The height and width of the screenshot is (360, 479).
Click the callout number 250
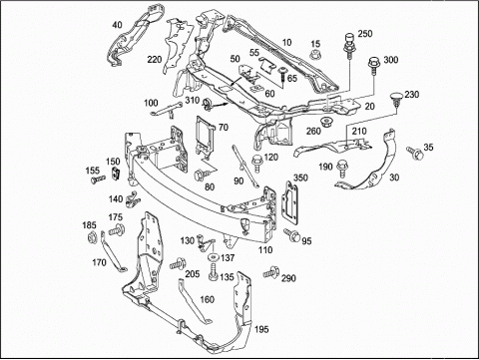(365, 34)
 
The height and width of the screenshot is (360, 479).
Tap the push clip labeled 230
(396, 100)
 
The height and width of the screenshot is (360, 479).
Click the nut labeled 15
(315, 54)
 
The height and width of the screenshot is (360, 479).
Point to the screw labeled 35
(415, 154)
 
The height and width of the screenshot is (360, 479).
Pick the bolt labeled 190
(342, 169)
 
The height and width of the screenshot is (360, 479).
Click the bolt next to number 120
(257, 164)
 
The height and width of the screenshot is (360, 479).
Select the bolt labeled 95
(292, 235)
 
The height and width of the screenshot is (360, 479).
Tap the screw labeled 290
(270, 272)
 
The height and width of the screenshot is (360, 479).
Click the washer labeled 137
(213, 257)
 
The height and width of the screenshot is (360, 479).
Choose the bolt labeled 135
(213, 271)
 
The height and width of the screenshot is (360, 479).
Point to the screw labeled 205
(178, 263)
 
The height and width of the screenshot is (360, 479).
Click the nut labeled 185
(91, 237)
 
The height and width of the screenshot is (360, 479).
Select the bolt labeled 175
(117, 230)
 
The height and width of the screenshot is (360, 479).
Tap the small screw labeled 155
(98, 180)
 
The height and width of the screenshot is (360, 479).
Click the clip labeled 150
(116, 174)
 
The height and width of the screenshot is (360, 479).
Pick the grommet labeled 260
(327, 123)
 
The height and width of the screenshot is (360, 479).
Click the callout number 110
(265, 249)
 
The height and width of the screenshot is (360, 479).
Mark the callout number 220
(155, 60)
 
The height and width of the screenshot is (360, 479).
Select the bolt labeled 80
(202, 175)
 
